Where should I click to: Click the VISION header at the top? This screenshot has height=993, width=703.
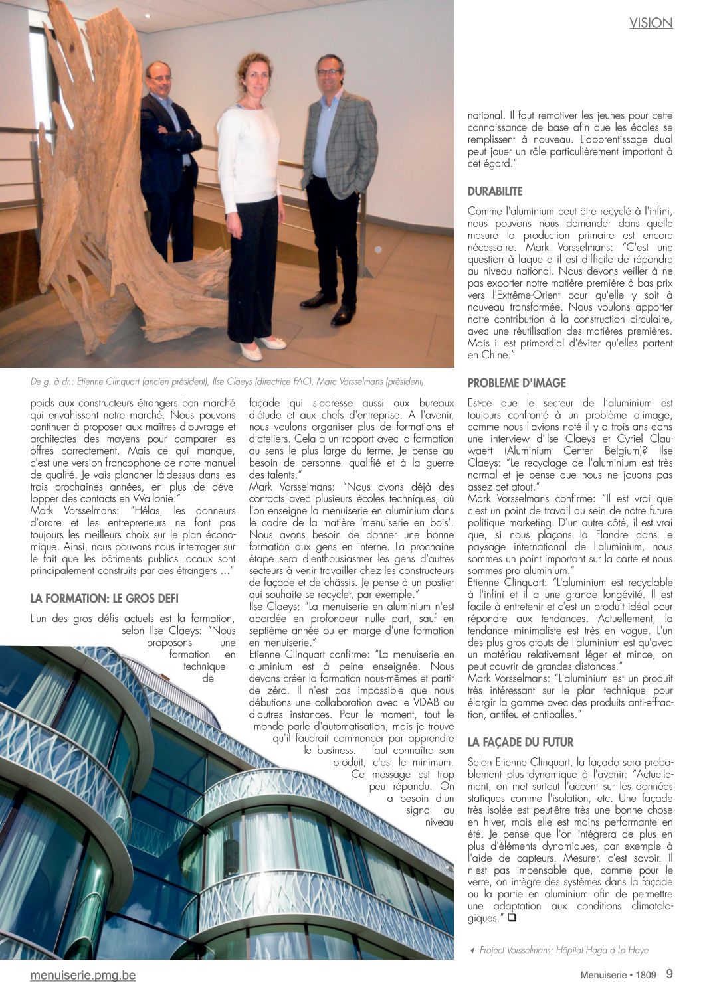[651, 23]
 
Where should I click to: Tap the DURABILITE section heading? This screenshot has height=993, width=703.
[495, 192]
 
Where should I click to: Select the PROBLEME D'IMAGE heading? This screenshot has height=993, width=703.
[516, 383]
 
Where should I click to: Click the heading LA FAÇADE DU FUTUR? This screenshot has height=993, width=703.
[520, 742]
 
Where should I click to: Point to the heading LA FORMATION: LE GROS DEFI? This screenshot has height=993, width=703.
[104, 599]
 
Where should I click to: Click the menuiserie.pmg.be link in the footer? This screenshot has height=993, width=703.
[82, 975]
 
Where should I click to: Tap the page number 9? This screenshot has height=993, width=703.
[669, 974]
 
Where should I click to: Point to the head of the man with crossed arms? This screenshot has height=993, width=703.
[159, 78]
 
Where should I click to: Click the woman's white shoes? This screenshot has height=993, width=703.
[262, 347]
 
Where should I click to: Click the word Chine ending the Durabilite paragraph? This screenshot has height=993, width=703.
[498, 355]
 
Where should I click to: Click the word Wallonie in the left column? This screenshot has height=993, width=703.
[153, 498]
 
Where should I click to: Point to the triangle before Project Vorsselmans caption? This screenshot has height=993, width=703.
[472, 951]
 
